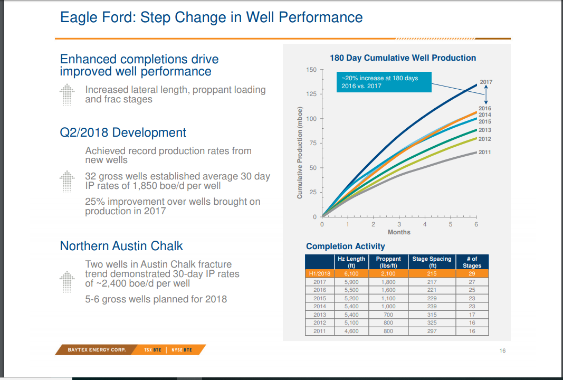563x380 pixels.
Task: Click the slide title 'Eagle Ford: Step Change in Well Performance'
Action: tap(211, 17)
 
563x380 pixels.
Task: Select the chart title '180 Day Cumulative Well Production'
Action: tap(403, 58)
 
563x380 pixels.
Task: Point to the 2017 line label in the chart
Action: tap(485, 82)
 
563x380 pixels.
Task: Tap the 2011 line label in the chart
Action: tap(484, 152)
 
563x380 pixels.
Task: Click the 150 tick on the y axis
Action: tap(311, 70)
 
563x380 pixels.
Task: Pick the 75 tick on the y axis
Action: tap(313, 144)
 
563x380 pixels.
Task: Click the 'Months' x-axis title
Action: tap(399, 232)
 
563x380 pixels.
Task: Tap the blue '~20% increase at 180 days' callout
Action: tap(384, 82)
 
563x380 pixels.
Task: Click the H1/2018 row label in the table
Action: tap(318, 273)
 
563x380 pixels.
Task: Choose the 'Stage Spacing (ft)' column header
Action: tap(432, 262)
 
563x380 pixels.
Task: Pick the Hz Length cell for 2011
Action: tap(351, 331)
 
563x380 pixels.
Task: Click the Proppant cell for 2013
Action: tap(388, 315)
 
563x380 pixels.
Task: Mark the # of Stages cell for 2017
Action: tap(472, 282)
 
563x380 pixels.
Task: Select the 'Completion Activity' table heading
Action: tap(346, 246)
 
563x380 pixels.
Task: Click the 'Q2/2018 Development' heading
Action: tap(123, 132)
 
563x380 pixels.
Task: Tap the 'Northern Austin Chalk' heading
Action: tap(121, 246)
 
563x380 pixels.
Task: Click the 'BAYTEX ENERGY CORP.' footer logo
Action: tap(97, 350)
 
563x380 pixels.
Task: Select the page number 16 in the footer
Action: tap(502, 350)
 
